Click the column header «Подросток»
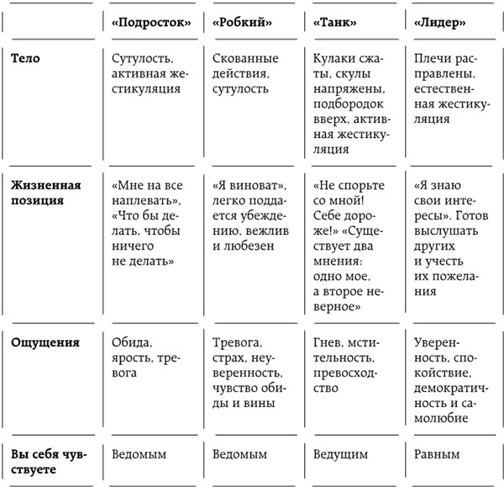pos(149,24)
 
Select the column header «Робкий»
pos(241,24)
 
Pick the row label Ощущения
pos(45,342)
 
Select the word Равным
pos(438,454)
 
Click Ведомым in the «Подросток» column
pos(139,454)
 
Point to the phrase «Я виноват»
pos(239,185)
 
